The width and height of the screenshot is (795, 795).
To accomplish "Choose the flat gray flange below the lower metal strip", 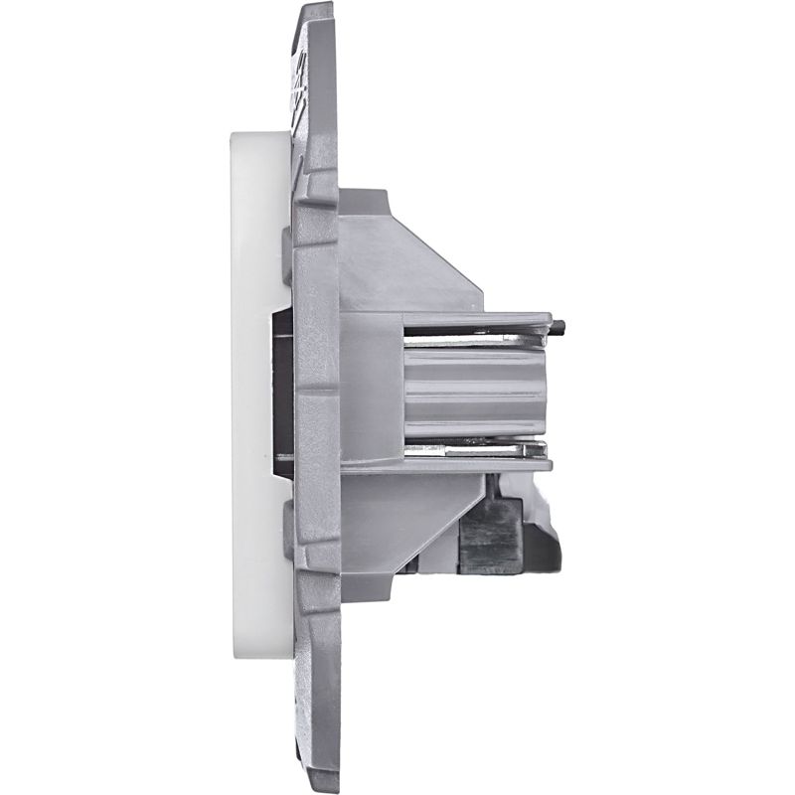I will (x=477, y=463).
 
